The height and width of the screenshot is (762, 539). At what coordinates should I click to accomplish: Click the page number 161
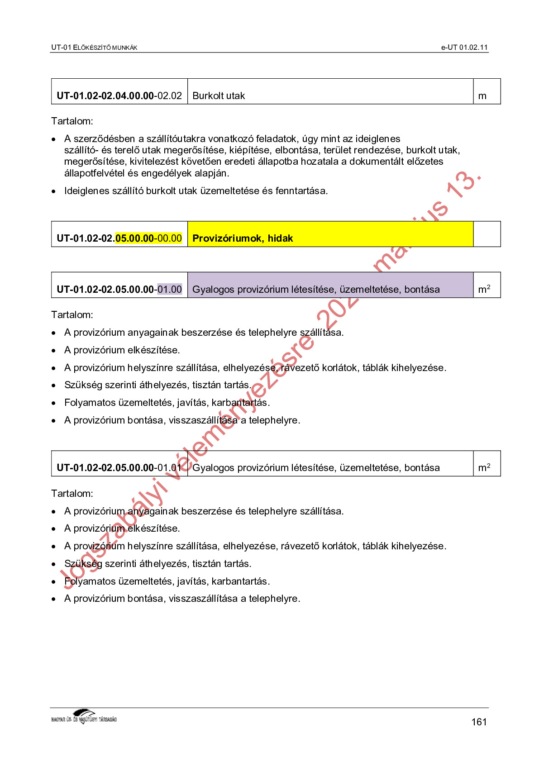tap(478, 722)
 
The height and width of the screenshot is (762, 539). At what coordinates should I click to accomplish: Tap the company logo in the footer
tap(84, 717)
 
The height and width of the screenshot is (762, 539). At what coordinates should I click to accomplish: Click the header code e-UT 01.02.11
tap(464, 48)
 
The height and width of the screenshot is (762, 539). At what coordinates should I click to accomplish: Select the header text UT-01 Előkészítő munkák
tap(94, 48)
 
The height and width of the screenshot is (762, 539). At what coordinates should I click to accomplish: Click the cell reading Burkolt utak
tap(219, 96)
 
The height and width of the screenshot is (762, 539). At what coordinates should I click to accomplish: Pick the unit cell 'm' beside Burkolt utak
tap(482, 96)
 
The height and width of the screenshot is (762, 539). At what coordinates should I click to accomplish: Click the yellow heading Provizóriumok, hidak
tap(243, 238)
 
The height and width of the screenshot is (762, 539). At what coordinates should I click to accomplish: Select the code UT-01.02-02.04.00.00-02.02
tap(119, 96)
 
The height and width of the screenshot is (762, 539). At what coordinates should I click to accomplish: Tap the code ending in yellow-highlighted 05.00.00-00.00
tap(119, 238)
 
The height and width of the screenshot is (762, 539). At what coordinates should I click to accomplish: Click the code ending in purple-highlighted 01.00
tap(119, 289)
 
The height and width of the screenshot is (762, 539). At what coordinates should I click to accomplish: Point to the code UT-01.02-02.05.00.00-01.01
tap(119, 467)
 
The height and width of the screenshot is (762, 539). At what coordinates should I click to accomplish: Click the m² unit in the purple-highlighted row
tap(484, 289)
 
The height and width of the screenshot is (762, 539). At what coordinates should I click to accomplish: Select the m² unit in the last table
tap(484, 467)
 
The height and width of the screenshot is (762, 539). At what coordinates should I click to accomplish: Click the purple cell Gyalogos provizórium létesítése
tap(316, 289)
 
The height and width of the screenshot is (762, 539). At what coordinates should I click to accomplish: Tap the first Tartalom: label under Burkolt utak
tap(72, 121)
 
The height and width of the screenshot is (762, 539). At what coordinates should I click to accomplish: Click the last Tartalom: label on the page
tap(72, 494)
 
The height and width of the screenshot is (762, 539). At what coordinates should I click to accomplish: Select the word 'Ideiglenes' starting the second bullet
tap(87, 191)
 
